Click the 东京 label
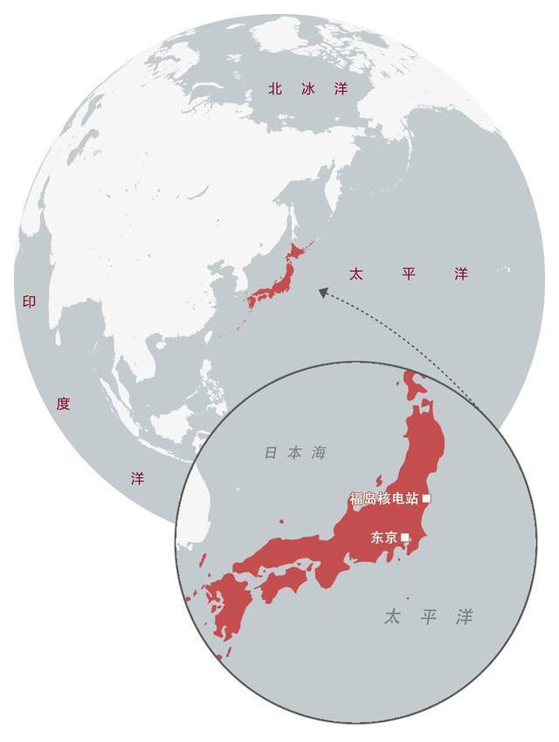384,537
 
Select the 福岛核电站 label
383,499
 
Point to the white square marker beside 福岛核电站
426,499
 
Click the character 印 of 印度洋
28,302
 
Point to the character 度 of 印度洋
63,403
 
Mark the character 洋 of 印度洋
137,478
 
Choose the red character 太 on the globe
355,274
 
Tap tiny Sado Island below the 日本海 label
380,480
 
